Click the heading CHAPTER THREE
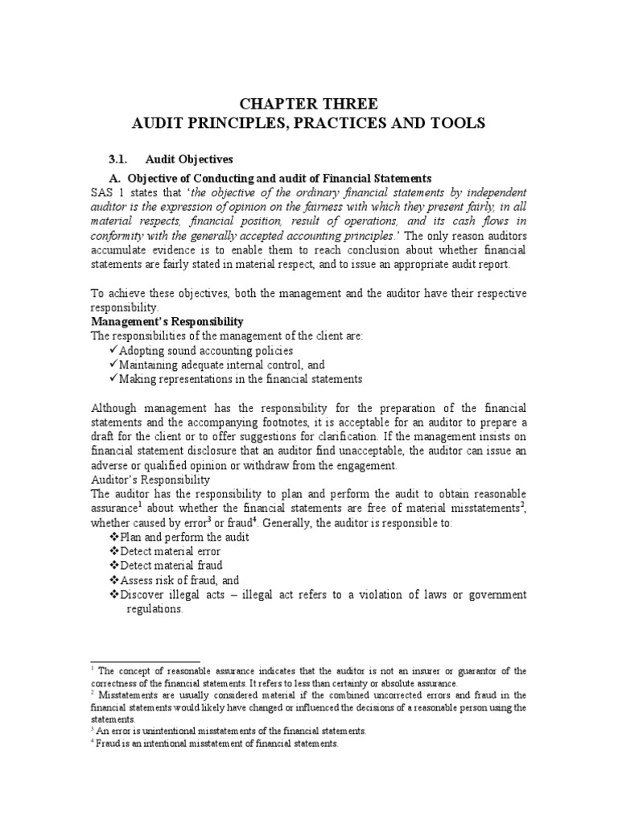(x=309, y=104)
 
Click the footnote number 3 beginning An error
(x=93, y=730)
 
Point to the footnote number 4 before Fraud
(x=93, y=743)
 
